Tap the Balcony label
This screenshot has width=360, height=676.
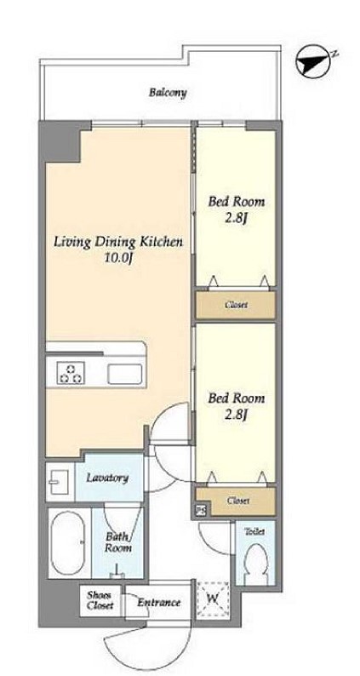[169, 92]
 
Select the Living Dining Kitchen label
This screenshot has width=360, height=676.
[118, 242]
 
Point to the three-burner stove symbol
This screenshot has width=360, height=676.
[71, 373]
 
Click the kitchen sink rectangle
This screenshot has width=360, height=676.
[125, 374]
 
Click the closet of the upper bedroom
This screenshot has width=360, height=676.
[236, 305]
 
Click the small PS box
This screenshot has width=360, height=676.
[201, 511]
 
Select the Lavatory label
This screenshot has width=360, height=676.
[107, 478]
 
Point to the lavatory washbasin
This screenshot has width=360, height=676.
[59, 482]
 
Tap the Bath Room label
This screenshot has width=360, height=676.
[118, 543]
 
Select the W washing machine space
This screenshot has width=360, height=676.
[213, 599]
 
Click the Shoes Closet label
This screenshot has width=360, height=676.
[100, 599]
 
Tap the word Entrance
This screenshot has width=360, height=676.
[158, 602]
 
